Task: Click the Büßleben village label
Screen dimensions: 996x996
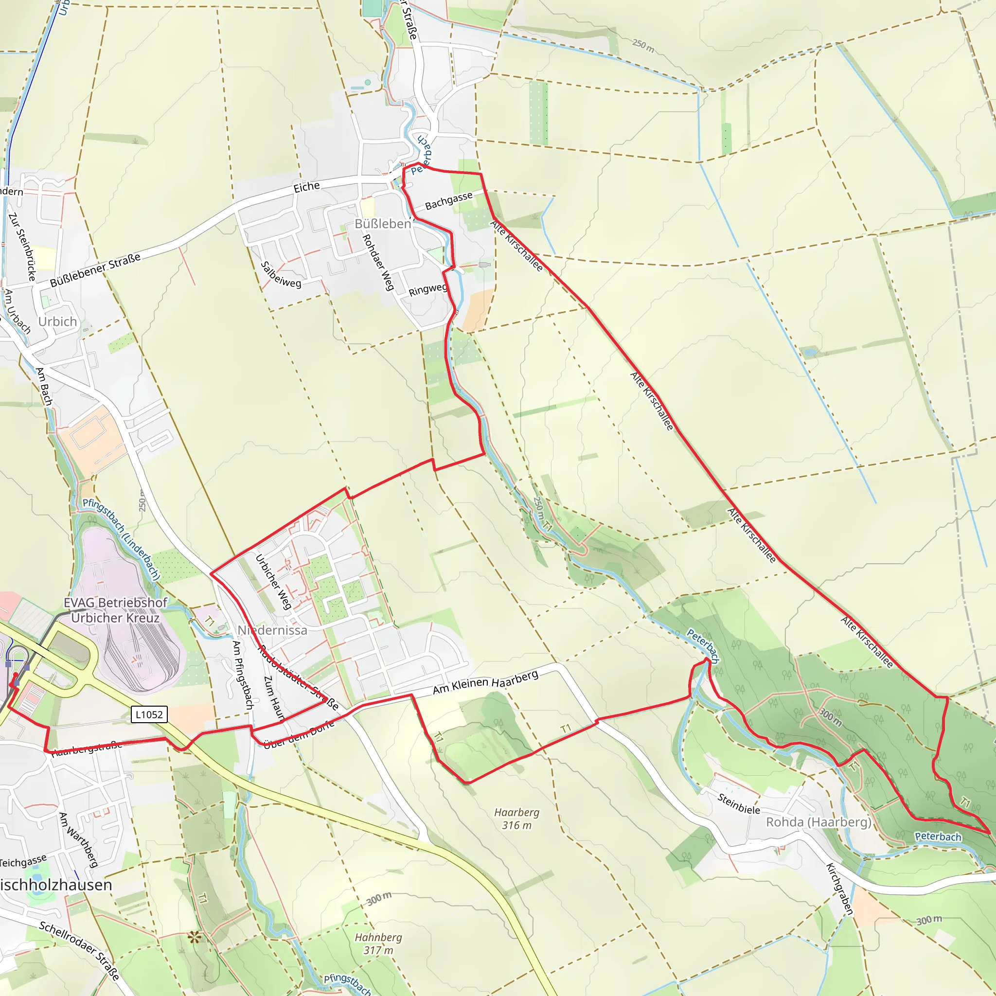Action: [x=383, y=224]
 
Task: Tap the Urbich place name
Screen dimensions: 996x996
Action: [x=57, y=321]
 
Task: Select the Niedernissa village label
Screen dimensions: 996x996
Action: [x=272, y=630]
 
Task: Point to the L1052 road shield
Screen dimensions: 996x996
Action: [x=149, y=714]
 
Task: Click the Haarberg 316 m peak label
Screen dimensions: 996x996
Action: [x=516, y=818]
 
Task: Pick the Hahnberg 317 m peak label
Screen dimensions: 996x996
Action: [x=378, y=943]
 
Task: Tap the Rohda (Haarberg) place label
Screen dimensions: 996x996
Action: [x=818, y=822]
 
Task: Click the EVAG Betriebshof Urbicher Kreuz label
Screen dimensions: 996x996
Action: [x=115, y=610]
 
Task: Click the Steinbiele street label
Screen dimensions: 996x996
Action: [x=739, y=804]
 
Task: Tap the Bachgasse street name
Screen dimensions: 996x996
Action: [x=448, y=201]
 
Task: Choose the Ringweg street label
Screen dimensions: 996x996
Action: [x=427, y=290]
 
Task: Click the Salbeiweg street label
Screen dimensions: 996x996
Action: [x=281, y=275]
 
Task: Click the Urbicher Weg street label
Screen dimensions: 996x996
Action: [x=274, y=582]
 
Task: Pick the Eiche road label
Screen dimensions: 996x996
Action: [x=307, y=187]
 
